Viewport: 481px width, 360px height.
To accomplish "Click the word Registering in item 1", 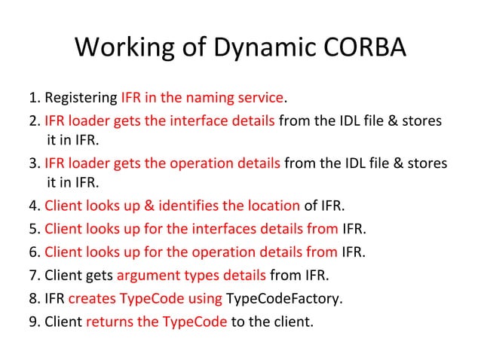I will point(81,99).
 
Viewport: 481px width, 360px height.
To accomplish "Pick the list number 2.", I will point(33,121).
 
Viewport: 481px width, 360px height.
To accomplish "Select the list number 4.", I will point(33,205).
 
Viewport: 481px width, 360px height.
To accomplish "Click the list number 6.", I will point(33,252).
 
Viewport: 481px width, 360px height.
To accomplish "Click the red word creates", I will point(89,298).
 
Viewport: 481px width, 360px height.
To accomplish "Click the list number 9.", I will point(33,322).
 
